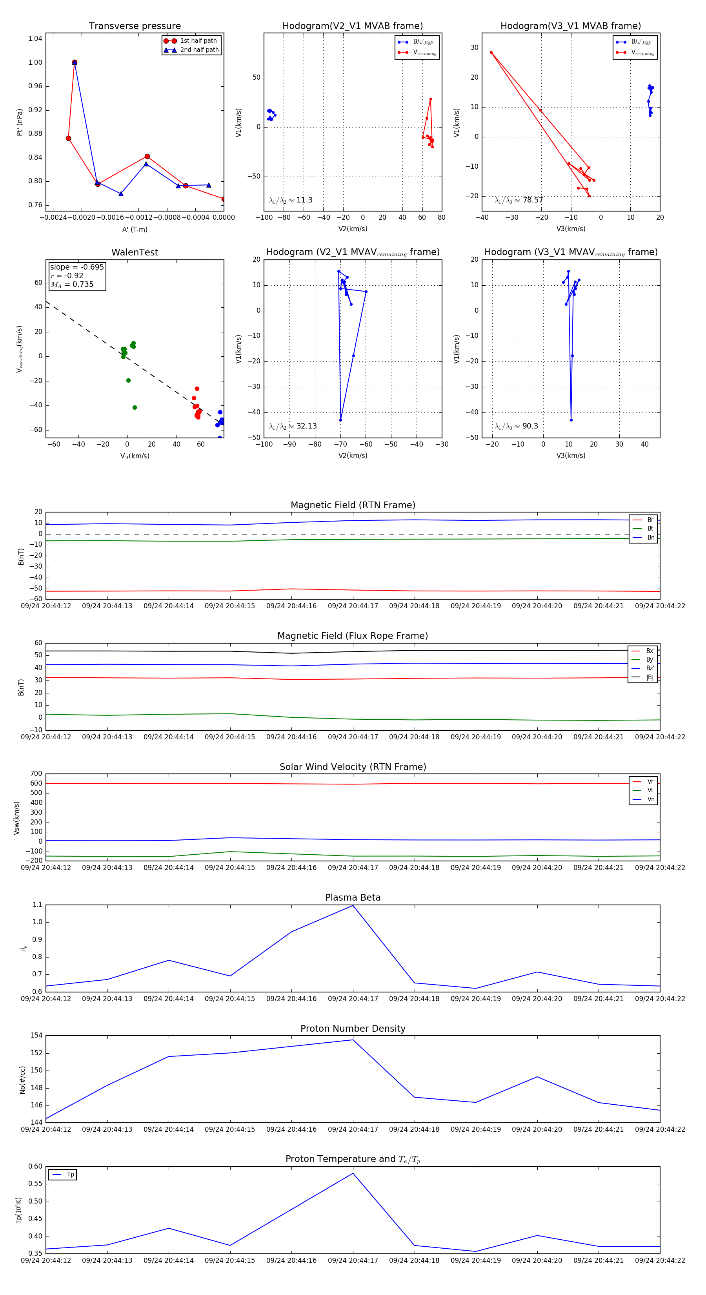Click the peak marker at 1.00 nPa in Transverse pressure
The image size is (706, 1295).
pyautogui.click(x=75, y=62)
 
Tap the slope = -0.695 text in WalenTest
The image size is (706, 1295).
pyautogui.click(x=76, y=267)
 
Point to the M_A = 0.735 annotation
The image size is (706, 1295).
pyautogui.click(x=72, y=285)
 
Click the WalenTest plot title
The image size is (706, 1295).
pyautogui.click(x=135, y=252)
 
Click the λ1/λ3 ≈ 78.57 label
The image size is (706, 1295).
pyautogui.click(x=519, y=200)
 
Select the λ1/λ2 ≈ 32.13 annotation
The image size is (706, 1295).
pyautogui.click(x=293, y=426)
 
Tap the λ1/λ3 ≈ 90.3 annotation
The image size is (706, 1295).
pyautogui.click(x=516, y=426)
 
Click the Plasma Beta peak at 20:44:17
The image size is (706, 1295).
pyautogui.click(x=353, y=905)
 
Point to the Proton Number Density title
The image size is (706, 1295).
pyautogui.click(x=353, y=1029)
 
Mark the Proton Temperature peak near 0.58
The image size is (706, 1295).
pyautogui.click(x=353, y=1173)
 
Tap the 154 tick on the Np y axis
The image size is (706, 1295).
pyautogui.click(x=36, y=1036)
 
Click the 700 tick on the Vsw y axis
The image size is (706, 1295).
pyautogui.click(x=36, y=774)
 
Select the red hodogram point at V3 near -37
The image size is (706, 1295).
pyautogui.click(x=491, y=52)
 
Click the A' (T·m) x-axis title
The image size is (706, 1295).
pyautogui.click(x=135, y=229)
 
